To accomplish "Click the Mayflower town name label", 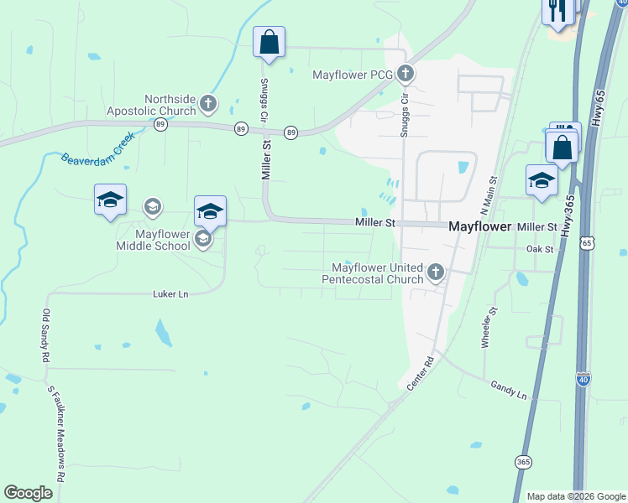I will pos(479,226).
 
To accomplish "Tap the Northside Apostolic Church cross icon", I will pos(208,105).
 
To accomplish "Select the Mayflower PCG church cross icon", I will pos(406,74).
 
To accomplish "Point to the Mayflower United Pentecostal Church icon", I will pos(435,272).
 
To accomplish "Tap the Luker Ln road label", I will pos(171,294).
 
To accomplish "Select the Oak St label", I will pos(540,249).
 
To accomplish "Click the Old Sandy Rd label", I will pos(45,334).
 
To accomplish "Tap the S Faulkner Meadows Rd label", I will pos(56,433).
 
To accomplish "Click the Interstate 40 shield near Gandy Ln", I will pos(584,379).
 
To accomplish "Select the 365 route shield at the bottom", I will pos(523,462).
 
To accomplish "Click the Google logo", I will pos(29,493).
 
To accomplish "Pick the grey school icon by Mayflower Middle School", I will pos(202,240).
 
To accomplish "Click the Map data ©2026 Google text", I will pos(575,496).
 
